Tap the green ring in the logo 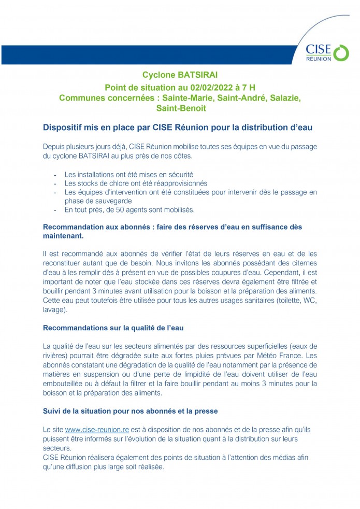point(340,52)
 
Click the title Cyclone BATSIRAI point(180,75)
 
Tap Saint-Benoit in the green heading point(181,108)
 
